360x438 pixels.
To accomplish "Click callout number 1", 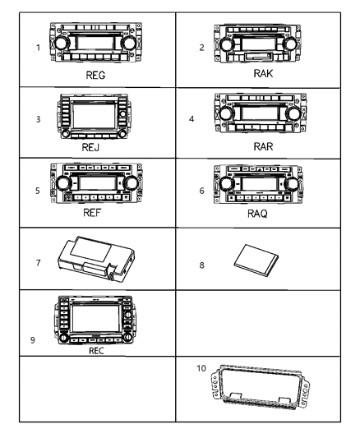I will coord(39,48).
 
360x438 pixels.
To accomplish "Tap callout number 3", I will coord(39,118).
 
